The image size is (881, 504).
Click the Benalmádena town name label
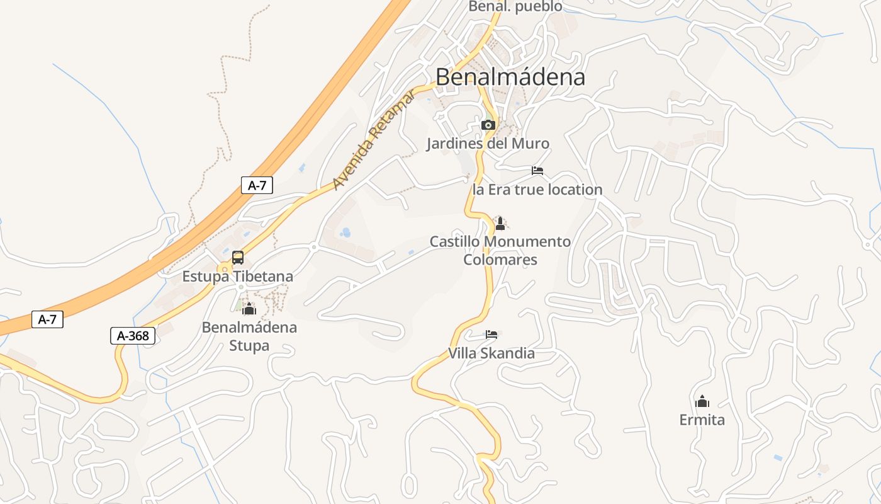(510, 77)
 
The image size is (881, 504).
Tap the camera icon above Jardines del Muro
(488, 125)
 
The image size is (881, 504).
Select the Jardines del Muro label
(488, 144)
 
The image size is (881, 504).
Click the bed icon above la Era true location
(537, 171)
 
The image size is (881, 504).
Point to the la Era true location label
(537, 190)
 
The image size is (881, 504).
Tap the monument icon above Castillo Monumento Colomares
(500, 224)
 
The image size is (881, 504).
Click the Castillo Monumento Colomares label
(500, 250)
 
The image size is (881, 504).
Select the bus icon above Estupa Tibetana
(238, 257)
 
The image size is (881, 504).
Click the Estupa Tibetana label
(238, 276)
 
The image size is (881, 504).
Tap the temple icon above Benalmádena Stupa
(249, 309)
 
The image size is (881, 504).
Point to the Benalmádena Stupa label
(249, 336)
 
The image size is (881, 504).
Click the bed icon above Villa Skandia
(491, 335)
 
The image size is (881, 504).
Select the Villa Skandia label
(491, 353)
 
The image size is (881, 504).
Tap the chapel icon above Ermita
(702, 401)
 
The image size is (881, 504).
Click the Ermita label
(702, 420)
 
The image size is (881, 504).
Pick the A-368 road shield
(133, 336)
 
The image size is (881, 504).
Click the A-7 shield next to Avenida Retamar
(257, 185)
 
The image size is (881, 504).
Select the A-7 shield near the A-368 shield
(47, 319)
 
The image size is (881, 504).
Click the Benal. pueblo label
(515, 7)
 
